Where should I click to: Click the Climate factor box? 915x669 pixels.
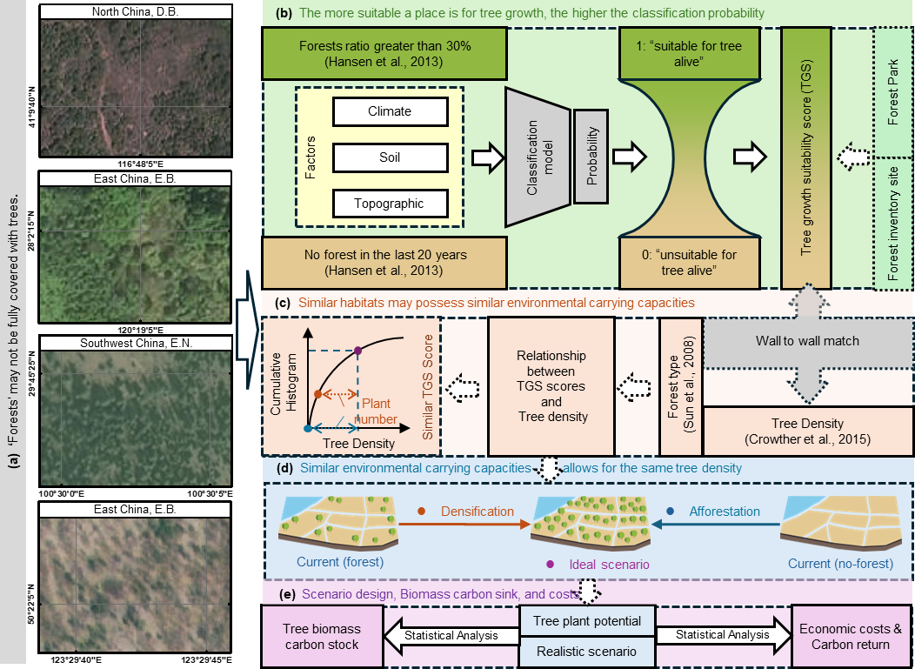click(x=390, y=111)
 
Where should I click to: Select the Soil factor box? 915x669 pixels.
click(x=390, y=157)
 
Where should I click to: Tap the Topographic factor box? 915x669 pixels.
click(x=390, y=204)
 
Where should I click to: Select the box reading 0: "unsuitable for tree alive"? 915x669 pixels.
click(x=693, y=262)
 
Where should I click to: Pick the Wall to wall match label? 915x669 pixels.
click(x=806, y=341)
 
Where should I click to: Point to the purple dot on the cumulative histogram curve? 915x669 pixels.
click(x=358, y=351)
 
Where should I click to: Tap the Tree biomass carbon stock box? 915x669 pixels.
click(x=322, y=637)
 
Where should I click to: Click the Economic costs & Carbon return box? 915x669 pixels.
click(x=851, y=637)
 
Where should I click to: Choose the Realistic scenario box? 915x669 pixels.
click(x=587, y=651)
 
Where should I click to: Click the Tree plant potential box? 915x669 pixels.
click(x=587, y=621)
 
